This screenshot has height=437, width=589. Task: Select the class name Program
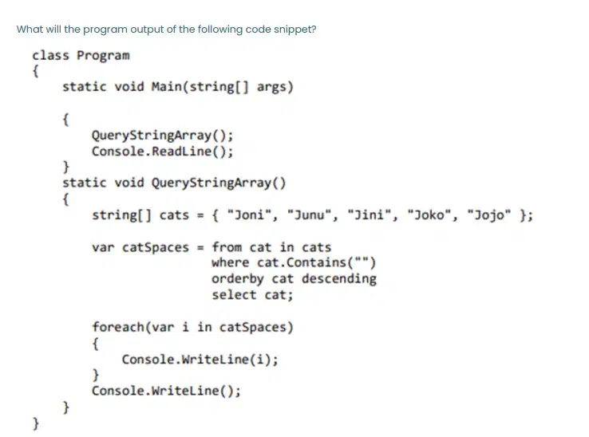click(103, 56)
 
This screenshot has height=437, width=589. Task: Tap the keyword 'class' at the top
click(51, 56)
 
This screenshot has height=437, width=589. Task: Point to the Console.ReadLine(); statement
click(163, 152)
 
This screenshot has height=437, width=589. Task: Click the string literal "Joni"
click(250, 215)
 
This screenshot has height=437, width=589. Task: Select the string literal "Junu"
click(310, 215)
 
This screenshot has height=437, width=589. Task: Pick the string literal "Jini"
click(370, 215)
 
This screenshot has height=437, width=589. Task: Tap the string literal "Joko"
click(429, 215)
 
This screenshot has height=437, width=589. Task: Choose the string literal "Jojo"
click(489, 215)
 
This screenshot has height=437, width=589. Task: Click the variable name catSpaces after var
click(156, 247)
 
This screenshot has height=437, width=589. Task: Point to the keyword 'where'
click(231, 262)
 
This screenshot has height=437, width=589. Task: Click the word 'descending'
click(339, 278)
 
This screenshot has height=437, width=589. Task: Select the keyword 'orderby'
click(238, 279)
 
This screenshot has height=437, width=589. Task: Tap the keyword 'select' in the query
click(234, 295)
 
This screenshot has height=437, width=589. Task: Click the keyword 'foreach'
click(118, 327)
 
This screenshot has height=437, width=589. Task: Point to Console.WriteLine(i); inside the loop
click(200, 360)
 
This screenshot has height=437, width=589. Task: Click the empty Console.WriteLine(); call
click(167, 391)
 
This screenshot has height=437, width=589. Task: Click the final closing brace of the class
click(36, 423)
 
